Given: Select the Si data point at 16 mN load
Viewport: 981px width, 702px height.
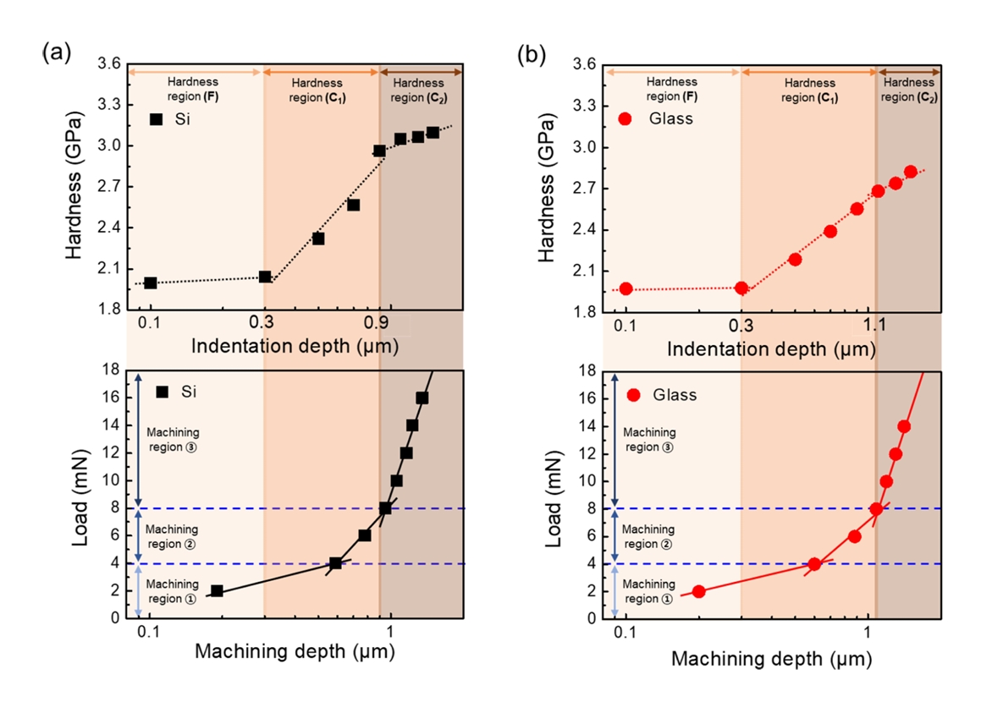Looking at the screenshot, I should click(x=422, y=398).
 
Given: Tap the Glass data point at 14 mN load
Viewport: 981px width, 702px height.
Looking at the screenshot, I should click(x=904, y=426).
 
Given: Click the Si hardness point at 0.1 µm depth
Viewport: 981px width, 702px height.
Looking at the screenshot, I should click(x=151, y=282).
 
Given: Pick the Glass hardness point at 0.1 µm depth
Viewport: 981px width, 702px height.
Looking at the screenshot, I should click(x=626, y=288).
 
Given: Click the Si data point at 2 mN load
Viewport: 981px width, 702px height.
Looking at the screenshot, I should click(x=217, y=591).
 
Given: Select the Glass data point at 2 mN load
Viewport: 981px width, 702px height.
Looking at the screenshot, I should click(x=698, y=591).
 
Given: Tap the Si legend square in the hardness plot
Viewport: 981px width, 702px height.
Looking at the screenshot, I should click(x=155, y=119).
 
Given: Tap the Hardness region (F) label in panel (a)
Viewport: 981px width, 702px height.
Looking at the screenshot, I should click(x=193, y=89).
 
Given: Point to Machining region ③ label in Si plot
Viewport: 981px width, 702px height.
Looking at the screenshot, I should click(x=172, y=440).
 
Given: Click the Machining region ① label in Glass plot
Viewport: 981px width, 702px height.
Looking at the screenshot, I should click(x=648, y=591).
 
